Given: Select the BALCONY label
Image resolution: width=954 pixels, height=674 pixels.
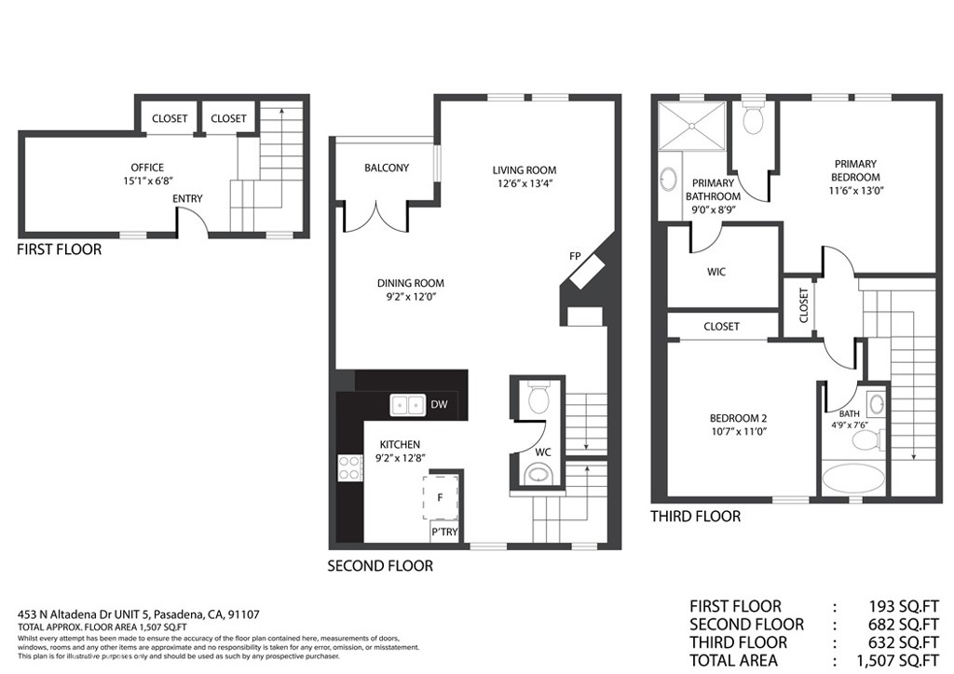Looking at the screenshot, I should click(387, 168).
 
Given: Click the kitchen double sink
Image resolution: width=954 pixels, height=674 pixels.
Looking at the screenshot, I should click(407, 405).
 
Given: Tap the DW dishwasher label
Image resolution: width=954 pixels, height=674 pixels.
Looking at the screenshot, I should click(439, 405).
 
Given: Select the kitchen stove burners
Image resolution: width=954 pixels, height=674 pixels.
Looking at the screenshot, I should click(349, 467).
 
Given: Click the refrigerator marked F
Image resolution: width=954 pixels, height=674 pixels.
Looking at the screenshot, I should click(440, 498).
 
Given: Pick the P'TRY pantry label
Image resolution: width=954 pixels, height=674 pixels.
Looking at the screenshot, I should click(443, 532).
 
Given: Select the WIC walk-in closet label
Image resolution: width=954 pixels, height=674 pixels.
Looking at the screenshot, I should click(715, 272).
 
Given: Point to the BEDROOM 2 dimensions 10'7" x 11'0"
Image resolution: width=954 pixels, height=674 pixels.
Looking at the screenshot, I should click(737, 431).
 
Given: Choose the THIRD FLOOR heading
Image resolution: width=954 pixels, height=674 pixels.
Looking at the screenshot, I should click(695, 517).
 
